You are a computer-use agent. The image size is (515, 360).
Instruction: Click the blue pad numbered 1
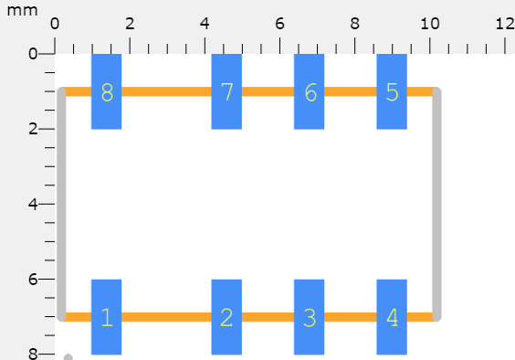pos(106,316)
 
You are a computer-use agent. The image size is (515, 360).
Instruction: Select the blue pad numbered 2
pos(226,316)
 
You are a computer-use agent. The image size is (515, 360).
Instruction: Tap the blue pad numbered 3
pos(309,316)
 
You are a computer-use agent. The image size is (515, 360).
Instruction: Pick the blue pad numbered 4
pos(392,316)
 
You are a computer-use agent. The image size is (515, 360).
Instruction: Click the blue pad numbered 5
pos(392,91)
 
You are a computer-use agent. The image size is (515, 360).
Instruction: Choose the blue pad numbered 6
pos(309,91)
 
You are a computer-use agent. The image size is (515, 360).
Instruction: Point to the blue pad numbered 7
pos(226,91)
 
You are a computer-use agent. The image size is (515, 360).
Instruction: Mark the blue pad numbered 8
pos(106,91)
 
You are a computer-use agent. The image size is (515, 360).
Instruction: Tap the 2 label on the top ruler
pos(130,23)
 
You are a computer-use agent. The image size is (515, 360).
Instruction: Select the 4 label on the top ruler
pos(205,23)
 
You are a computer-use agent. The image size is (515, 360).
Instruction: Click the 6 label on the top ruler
pos(279,23)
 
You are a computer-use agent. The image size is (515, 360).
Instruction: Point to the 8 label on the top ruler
pos(354,23)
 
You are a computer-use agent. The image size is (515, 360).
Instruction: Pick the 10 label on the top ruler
pos(429,23)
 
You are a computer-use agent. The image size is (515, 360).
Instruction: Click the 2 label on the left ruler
pos(32,129)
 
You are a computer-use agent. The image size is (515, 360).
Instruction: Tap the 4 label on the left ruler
pos(32,204)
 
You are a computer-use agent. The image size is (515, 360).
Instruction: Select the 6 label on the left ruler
pos(32,279)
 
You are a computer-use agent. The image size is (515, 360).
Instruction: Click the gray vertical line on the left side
pos(61,204)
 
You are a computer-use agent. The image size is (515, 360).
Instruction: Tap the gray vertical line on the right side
pos(436,204)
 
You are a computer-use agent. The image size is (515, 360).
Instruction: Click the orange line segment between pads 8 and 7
pos(166,91)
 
